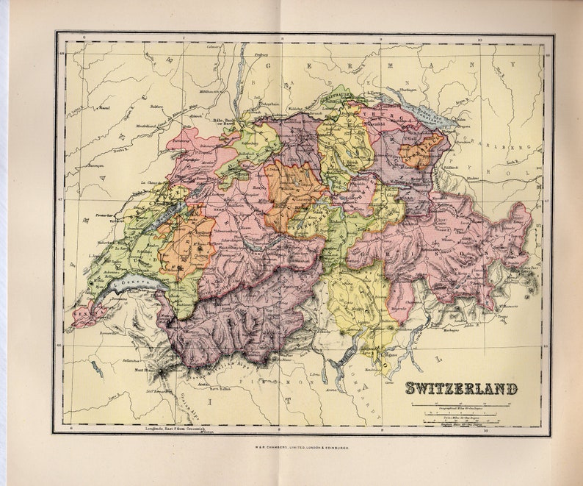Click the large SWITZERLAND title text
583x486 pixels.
click(x=461, y=389)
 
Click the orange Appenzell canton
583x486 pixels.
click(x=421, y=151)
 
